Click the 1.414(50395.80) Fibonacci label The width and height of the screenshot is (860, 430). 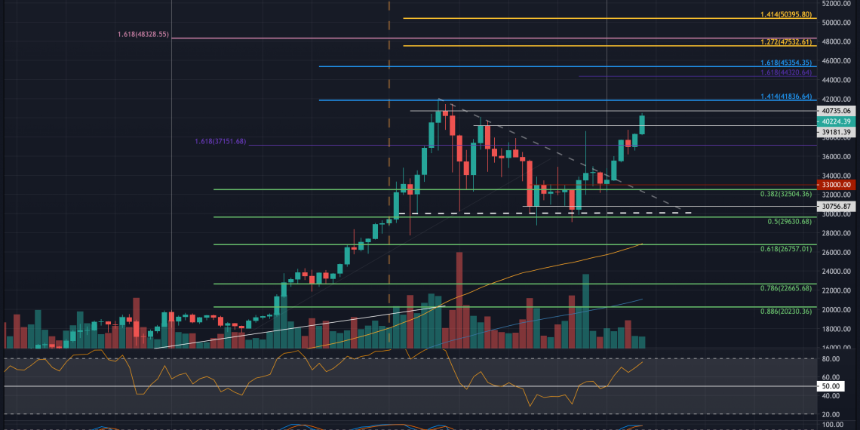tap(785, 14)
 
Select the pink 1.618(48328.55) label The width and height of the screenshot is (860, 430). tap(143, 35)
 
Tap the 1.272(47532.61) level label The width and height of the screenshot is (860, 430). tap(785, 42)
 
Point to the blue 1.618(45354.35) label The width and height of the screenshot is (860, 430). tap(785, 63)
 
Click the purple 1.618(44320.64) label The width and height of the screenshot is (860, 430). tap(785, 72)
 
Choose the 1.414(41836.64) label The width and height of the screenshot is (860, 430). tap(785, 97)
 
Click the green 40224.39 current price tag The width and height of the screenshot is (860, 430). tap(837, 121)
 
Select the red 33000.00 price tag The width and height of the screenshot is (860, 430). tap(837, 184)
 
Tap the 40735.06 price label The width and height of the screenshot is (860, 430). tap(837, 110)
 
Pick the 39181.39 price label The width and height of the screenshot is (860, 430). tap(837, 132)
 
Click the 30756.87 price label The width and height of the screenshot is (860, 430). tap(837, 206)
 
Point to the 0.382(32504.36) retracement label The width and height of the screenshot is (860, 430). tap(785, 194)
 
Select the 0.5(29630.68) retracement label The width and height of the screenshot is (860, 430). tap(790, 221)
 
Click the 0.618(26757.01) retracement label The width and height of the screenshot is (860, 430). tap(785, 248)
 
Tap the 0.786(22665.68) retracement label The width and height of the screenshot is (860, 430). tap(785, 287)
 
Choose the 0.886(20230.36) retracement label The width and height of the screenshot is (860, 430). tap(785, 311)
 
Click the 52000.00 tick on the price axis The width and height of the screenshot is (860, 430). tap(837, 4)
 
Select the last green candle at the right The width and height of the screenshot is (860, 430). tap(642, 124)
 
